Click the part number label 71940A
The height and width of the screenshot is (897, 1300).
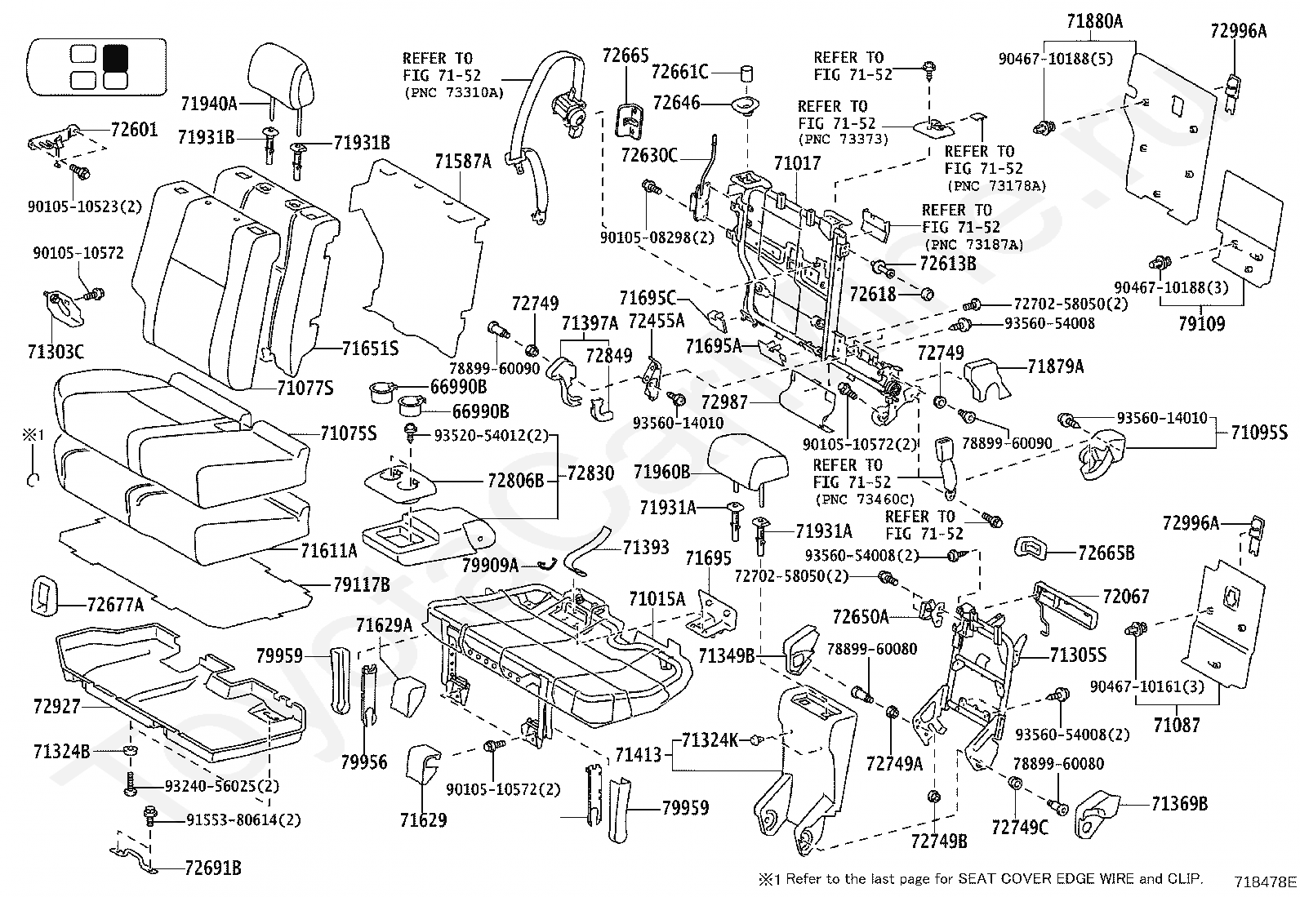tap(209, 104)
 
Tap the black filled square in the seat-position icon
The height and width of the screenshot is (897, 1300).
tap(115, 57)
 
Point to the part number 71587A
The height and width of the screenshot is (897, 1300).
tap(462, 161)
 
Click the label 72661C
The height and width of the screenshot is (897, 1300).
tap(679, 72)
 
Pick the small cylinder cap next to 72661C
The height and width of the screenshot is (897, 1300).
tap(746, 73)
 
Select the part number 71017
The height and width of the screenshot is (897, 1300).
tap(798, 163)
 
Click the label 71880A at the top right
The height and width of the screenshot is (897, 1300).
tap(1094, 21)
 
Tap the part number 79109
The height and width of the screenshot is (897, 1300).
tap(1201, 323)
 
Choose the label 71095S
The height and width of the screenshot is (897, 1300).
tap(1259, 433)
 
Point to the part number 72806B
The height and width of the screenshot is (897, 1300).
tap(515, 481)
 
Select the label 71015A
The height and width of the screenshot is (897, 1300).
tap(657, 598)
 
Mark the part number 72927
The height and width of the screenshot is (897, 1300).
tap(56, 706)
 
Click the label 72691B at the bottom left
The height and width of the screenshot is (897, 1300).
tap(213, 868)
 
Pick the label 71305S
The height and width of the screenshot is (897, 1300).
tap(1079, 655)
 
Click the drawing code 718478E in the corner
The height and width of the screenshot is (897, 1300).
tap(1265, 882)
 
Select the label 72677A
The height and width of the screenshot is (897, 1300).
tap(115, 605)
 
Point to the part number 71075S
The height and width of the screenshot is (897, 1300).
tap(348, 433)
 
